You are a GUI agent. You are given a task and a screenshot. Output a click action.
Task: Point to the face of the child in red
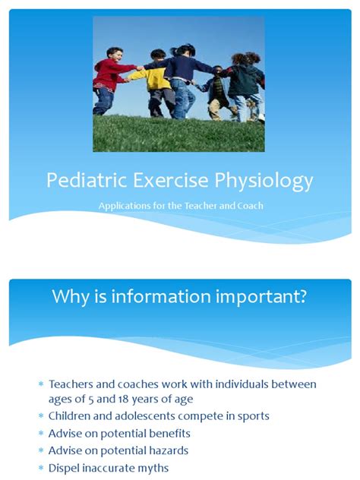coord(115,55)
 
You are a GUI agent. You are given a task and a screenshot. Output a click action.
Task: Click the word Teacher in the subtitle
coord(200,206)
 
